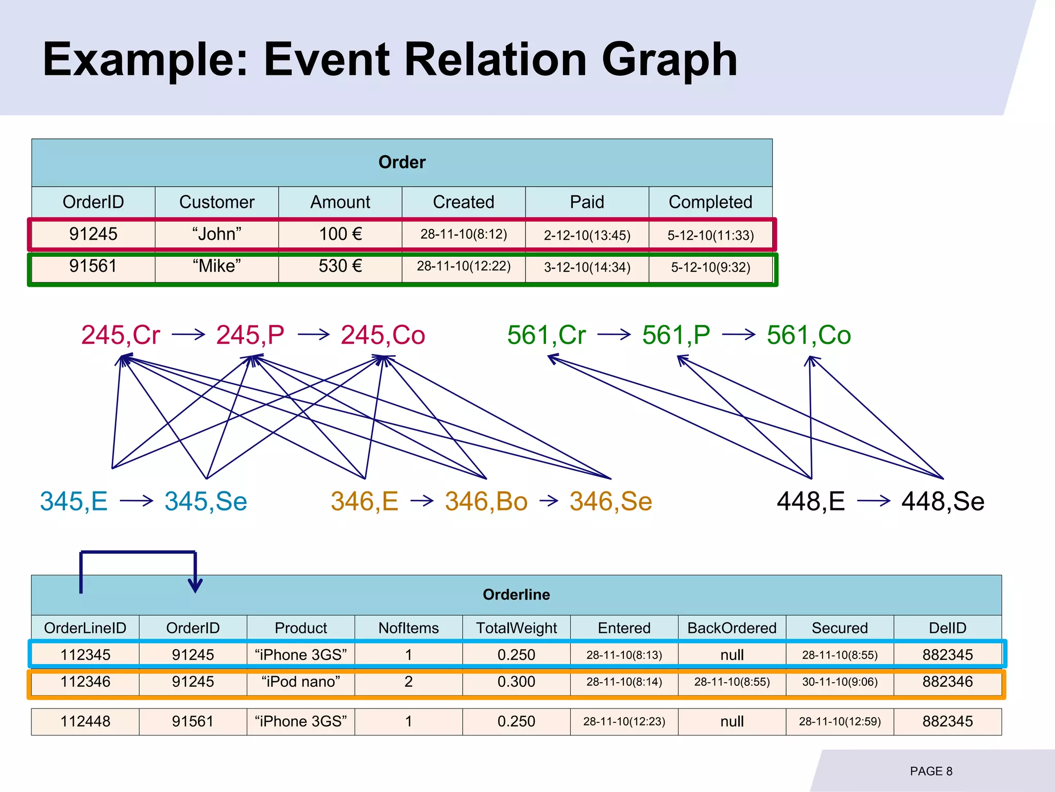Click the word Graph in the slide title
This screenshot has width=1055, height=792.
click(x=669, y=60)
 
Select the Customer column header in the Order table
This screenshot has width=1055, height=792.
click(x=216, y=202)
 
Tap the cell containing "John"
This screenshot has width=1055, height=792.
click(x=216, y=235)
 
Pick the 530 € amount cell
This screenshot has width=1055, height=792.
click(x=340, y=267)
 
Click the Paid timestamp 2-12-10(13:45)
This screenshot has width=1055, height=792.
click(x=587, y=236)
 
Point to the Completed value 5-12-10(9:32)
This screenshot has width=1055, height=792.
click(x=710, y=268)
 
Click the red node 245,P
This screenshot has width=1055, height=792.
click(x=250, y=335)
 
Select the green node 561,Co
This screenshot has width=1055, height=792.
click(x=808, y=335)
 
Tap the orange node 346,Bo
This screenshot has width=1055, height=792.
click(x=486, y=501)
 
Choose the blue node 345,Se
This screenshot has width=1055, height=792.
click(x=206, y=501)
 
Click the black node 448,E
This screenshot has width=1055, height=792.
click(x=811, y=501)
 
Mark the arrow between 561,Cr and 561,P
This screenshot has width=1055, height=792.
click(x=614, y=335)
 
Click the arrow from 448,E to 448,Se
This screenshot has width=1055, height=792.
click(x=874, y=501)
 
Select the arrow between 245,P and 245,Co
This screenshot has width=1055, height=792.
click(x=313, y=335)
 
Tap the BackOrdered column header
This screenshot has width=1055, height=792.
click(x=731, y=628)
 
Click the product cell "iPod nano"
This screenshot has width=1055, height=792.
click(x=301, y=682)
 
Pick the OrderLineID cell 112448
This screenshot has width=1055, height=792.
click(x=85, y=721)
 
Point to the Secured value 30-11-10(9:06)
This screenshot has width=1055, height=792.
click(x=840, y=682)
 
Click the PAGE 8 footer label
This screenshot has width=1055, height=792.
click(x=931, y=771)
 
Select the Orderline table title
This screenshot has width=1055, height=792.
click(x=516, y=595)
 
